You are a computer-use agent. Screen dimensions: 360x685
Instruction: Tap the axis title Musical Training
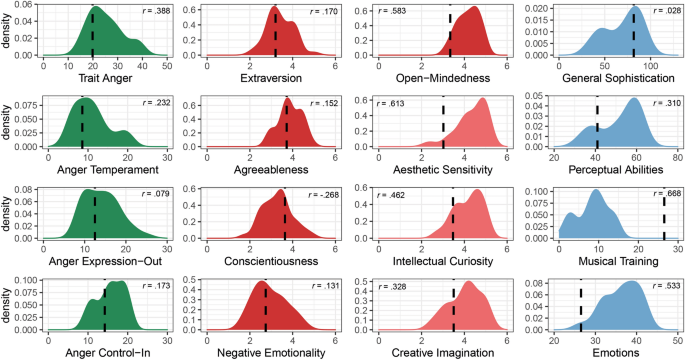click(x=612, y=260)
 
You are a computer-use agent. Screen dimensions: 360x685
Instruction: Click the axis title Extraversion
click(x=275, y=79)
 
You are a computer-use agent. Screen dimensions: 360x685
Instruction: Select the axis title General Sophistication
click(x=612, y=79)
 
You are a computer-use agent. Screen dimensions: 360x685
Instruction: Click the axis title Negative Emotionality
click(x=275, y=351)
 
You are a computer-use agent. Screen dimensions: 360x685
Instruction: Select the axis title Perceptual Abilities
click(x=612, y=170)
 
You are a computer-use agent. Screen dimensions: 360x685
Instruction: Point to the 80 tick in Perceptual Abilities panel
click(x=676, y=157)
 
